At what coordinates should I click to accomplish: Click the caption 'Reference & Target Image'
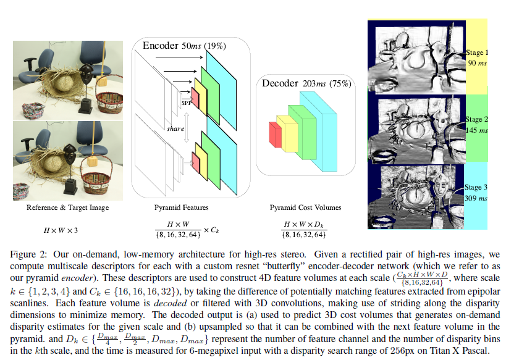click(x=68, y=208)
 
